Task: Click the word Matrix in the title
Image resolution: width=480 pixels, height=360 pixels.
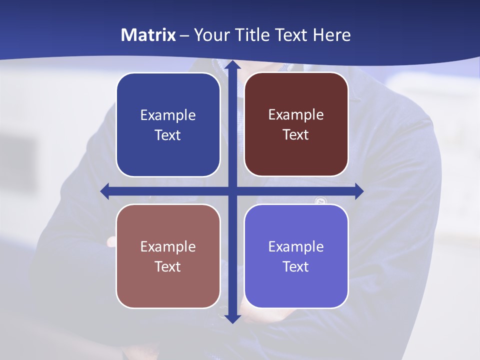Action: click(x=148, y=35)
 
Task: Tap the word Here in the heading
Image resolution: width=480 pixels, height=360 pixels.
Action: click(x=331, y=35)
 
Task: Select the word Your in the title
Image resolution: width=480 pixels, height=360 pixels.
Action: click(x=210, y=35)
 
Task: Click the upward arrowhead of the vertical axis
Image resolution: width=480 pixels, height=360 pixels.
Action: click(x=231, y=65)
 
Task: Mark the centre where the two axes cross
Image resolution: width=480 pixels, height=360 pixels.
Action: click(x=231, y=191)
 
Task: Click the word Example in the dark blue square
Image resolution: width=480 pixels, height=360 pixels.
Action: click(x=168, y=115)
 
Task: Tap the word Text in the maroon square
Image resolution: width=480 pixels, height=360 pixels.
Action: click(x=295, y=135)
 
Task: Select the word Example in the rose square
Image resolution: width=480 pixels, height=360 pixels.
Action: click(x=168, y=247)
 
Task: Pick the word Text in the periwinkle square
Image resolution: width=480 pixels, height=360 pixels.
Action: click(x=295, y=267)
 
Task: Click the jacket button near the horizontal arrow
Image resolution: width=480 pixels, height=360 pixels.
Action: click(x=320, y=201)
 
